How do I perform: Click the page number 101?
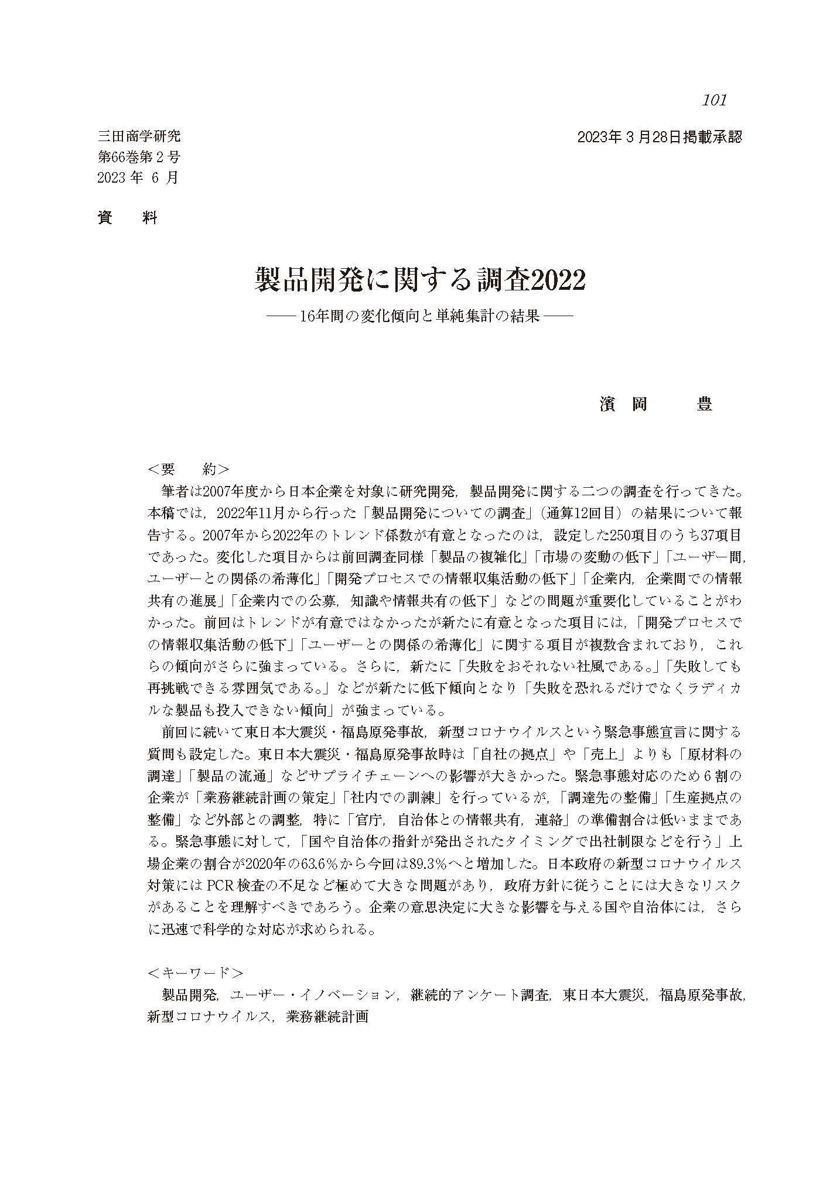coord(714,100)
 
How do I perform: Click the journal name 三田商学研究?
coord(139,137)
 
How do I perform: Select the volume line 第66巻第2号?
coord(139,157)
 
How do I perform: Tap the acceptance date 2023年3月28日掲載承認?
coord(659,138)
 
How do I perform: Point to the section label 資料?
coord(127,218)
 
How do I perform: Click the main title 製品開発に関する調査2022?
coord(420,280)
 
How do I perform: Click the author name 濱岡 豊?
coord(655,404)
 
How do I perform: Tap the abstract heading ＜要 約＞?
coord(189,470)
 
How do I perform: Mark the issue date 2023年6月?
coord(138,177)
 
